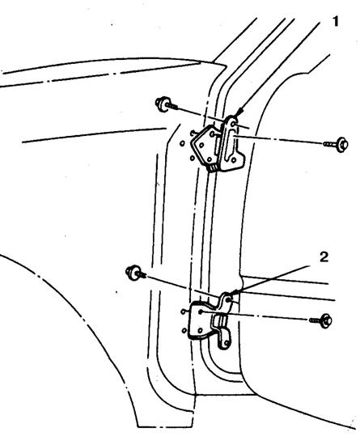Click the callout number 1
(x=336, y=21)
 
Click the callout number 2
(x=324, y=257)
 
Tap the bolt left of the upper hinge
(x=166, y=104)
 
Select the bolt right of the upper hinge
(x=337, y=145)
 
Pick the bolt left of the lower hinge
(x=136, y=273)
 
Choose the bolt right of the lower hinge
(x=321, y=320)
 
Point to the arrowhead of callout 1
(x=239, y=112)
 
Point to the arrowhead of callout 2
(x=232, y=293)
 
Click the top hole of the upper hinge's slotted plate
(x=233, y=124)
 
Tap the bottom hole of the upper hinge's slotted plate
(x=234, y=160)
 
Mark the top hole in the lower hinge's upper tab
(x=229, y=299)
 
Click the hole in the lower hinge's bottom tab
(x=226, y=343)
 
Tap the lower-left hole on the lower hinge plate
(x=200, y=330)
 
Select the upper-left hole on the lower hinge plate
(x=201, y=311)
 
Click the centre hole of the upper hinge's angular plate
(x=201, y=145)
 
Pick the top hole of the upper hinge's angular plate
(x=213, y=133)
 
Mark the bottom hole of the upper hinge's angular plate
(x=210, y=159)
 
